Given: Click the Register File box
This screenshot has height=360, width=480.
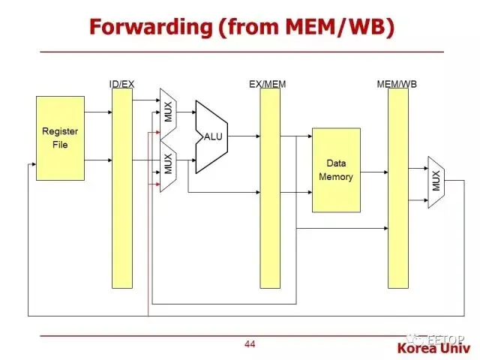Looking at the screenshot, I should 60,138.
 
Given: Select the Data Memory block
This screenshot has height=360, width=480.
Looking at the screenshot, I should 335,169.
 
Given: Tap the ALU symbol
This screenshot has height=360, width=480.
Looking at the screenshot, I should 211,136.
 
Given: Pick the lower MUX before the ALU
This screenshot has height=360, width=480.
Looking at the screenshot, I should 168,163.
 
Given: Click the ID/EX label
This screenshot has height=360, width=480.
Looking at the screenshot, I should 121,83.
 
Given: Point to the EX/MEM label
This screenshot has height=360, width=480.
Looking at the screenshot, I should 268,83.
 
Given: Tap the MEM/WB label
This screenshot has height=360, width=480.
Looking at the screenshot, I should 397,83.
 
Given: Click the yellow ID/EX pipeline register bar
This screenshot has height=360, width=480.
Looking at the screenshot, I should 121,187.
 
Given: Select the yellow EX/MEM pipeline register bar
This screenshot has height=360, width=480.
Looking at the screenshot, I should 269,187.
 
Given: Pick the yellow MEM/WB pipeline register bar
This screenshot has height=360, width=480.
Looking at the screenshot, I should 397,187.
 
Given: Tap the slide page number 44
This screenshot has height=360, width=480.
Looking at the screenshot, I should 250,344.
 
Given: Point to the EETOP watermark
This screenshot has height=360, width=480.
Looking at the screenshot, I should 445,337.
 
